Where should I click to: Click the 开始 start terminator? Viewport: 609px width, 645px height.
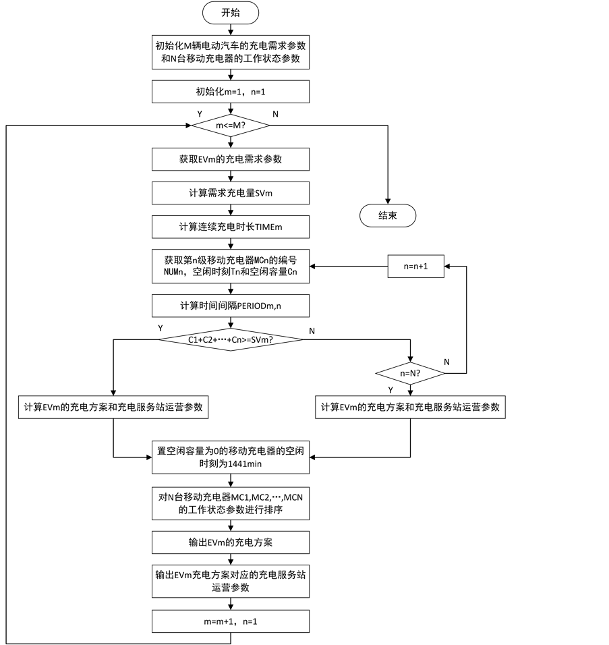230,13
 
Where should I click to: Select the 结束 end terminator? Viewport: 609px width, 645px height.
387,216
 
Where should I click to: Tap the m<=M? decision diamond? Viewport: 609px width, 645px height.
230,125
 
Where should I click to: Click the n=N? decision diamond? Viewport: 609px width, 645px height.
410,373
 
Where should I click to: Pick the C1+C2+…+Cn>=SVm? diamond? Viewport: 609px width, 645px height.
230,340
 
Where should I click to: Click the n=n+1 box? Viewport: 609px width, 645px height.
415,267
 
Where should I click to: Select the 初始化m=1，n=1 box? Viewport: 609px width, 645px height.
230,92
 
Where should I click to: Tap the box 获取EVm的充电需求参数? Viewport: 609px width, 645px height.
230,160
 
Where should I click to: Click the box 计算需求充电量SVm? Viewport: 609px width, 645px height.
230,194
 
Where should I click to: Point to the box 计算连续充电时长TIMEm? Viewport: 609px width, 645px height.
230,227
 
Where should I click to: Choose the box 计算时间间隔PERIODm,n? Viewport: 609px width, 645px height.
230,306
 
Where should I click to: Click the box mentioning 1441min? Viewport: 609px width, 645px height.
230,457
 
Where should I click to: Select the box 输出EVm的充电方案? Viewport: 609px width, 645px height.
230,542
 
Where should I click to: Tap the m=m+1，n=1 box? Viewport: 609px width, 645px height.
230,621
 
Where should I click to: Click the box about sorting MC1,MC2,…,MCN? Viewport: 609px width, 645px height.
230,503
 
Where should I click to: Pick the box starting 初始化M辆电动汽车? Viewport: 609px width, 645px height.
230,53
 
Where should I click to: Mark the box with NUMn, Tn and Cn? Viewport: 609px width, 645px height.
230,267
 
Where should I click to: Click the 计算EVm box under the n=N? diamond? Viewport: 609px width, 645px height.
410,408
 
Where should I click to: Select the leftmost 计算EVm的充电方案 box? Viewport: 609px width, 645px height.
113,408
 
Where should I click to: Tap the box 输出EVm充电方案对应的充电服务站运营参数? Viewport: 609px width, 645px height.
230,582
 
